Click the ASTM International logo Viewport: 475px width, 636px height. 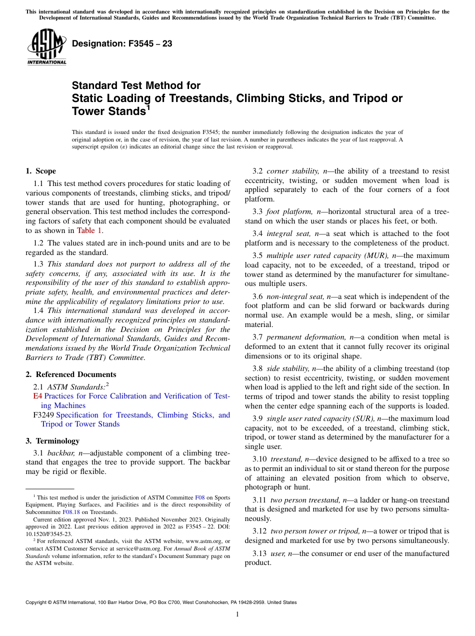46,47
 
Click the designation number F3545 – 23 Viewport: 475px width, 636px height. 122,44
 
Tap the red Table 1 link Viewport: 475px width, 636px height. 89,230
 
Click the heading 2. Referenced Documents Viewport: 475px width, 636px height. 70,374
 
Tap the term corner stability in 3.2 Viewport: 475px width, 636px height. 290,171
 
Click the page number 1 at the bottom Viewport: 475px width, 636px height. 237,614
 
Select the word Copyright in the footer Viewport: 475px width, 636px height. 37,602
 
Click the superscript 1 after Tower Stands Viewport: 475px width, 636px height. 147,106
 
